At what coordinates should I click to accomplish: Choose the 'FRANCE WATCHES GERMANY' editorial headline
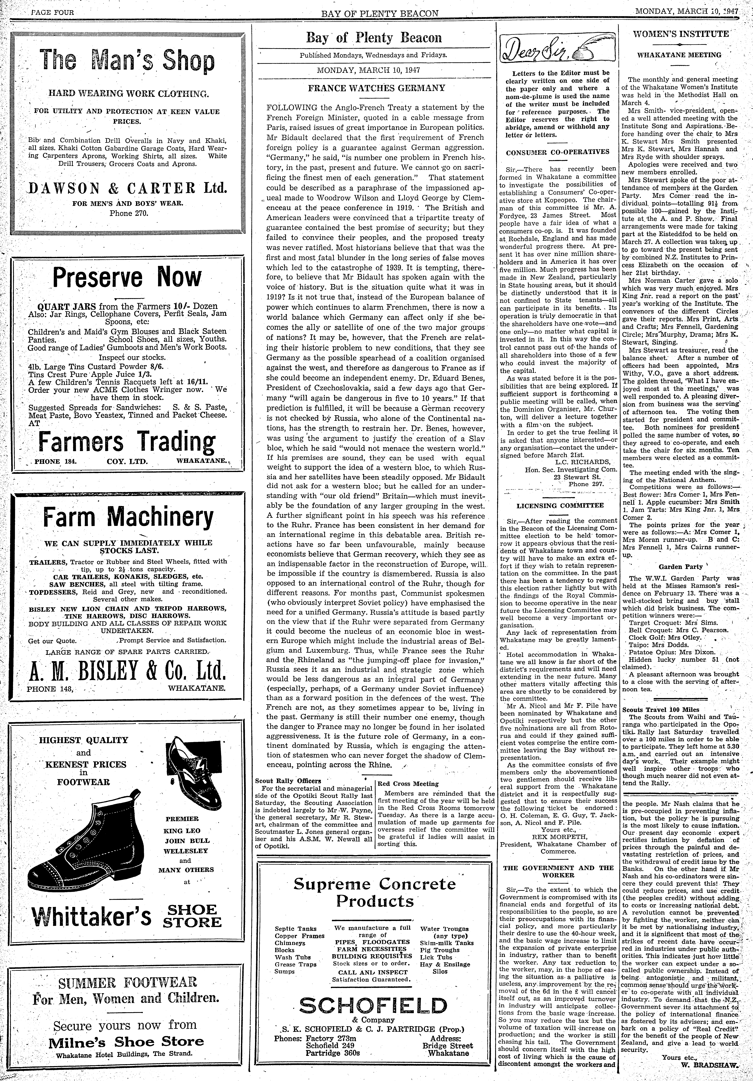[376, 88]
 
